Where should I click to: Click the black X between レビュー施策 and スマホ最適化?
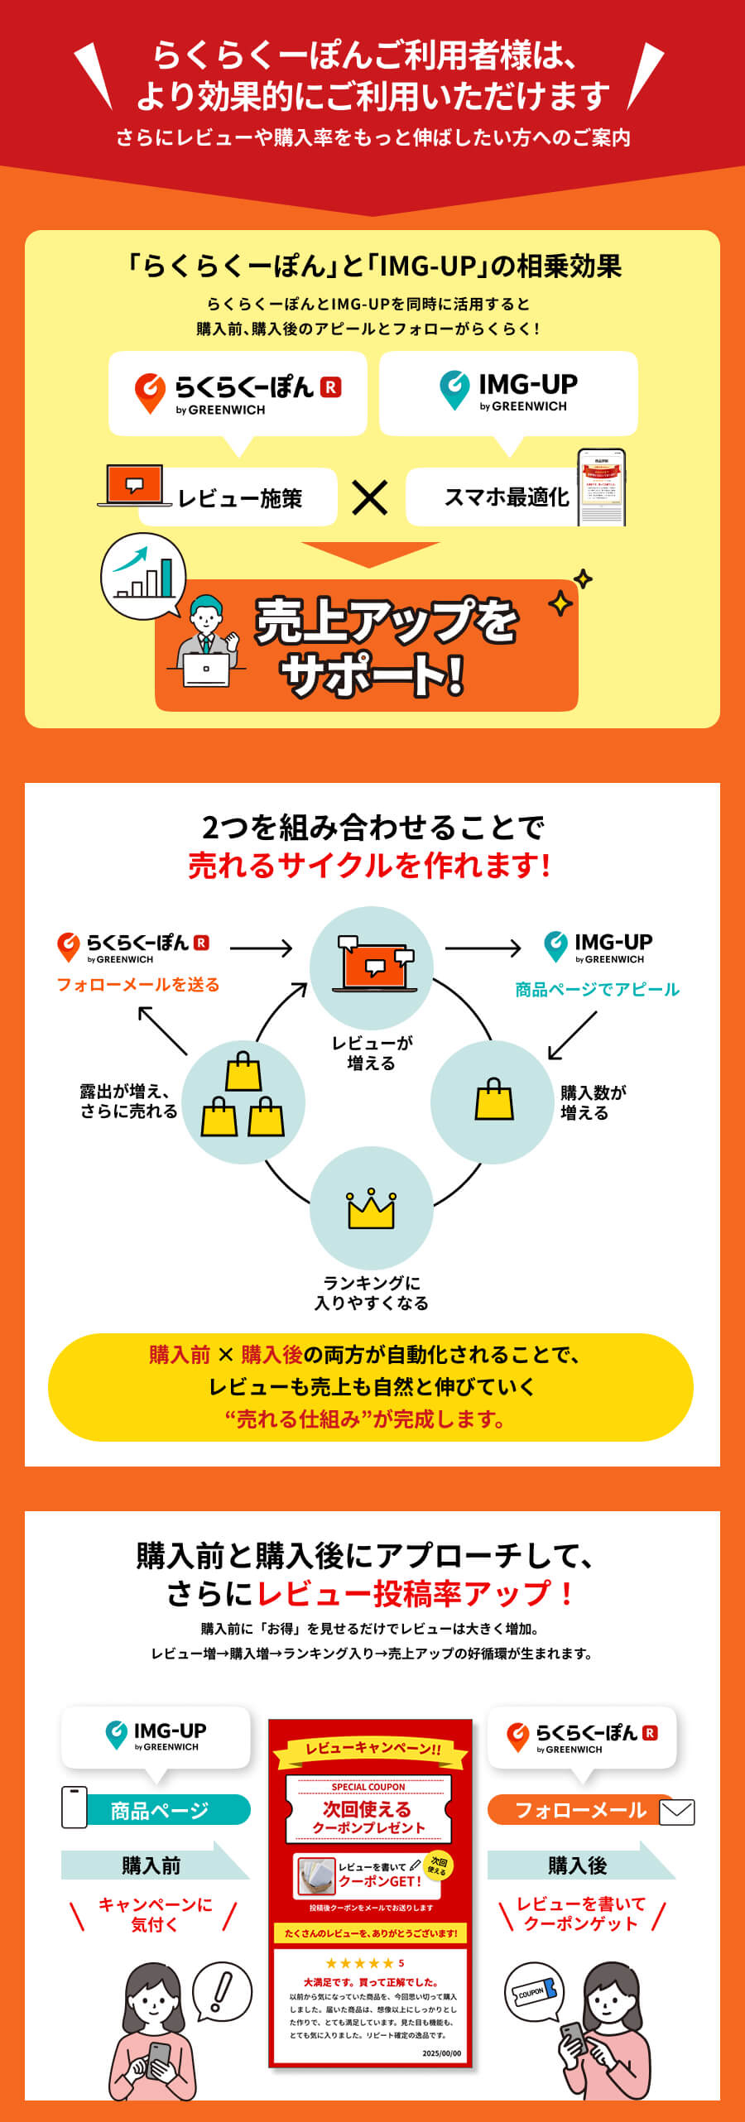pyautogui.click(x=369, y=498)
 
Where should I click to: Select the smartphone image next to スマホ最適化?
pyautogui.click(x=601, y=487)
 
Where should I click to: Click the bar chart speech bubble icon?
pyautogui.click(x=143, y=576)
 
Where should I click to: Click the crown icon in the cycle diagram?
pyautogui.click(x=371, y=1209)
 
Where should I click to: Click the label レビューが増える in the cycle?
pyautogui.click(x=372, y=1053)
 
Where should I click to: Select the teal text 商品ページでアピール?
pyautogui.click(x=597, y=989)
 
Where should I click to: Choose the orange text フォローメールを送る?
pyautogui.click(x=138, y=984)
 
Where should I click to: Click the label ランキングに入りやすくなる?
pyautogui.click(x=372, y=1293)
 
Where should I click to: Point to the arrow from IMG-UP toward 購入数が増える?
pyautogui.click(x=571, y=1035)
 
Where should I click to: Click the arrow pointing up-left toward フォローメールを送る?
pyautogui.click(x=162, y=1030)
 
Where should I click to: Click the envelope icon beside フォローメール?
pyautogui.click(x=677, y=1812)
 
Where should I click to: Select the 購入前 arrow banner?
pyautogui.click(x=154, y=1865)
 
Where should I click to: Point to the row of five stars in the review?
pyautogui.click(x=359, y=1963)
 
